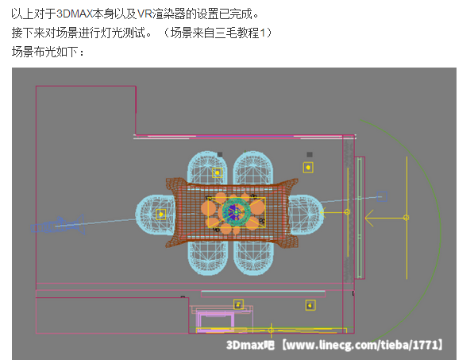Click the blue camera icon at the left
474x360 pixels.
tap(57, 225)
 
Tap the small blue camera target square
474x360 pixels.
tap(382, 196)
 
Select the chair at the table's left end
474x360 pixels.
tap(156, 215)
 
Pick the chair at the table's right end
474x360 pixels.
tap(306, 214)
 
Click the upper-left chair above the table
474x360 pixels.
tap(207, 168)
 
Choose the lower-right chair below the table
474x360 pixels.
tap(253, 257)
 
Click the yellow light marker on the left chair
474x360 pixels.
tap(161, 215)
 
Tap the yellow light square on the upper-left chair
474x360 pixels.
tap(217, 172)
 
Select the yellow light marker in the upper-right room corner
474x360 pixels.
tap(308, 168)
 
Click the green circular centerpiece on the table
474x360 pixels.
tap(236, 211)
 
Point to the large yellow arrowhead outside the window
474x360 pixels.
tap(369, 218)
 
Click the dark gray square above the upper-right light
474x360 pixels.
tap(309, 155)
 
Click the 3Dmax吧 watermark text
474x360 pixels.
tap(250, 345)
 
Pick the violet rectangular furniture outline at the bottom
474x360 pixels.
tap(215, 323)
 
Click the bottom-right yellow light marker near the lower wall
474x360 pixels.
tap(310, 305)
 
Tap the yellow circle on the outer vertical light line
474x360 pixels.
tap(407, 218)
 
